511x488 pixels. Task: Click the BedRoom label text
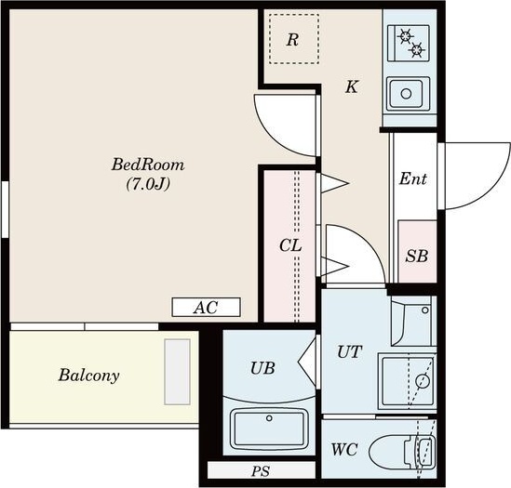point(148,165)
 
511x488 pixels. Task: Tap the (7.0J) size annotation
point(148,185)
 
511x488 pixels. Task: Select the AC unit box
point(207,307)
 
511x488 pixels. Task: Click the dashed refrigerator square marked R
point(294,39)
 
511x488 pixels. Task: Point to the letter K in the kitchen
point(352,87)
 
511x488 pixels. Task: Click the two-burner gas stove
point(409,44)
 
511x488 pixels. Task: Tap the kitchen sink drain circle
point(406,94)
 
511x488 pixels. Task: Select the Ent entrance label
point(413,178)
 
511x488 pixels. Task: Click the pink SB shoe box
point(417,252)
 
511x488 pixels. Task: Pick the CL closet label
point(290,245)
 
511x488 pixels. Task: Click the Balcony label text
point(89,375)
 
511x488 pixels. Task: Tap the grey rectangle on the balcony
point(177,372)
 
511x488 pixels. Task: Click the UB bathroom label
point(262,368)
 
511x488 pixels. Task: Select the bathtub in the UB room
point(269,429)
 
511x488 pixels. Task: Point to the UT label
point(349,352)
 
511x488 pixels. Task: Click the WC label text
point(344,450)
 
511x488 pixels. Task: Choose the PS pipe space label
point(261,471)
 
